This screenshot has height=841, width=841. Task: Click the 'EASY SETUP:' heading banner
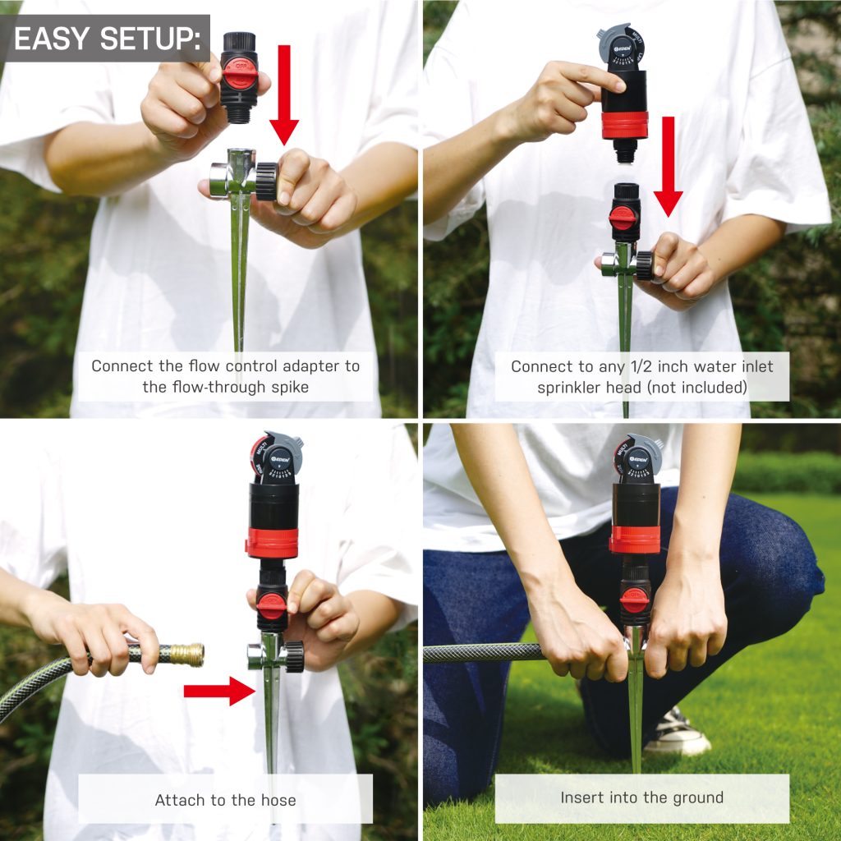tap(105, 39)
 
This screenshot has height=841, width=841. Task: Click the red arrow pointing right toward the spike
tap(219, 691)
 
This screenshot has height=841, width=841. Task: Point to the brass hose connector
tap(186, 655)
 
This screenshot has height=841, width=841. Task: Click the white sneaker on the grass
tap(677, 733)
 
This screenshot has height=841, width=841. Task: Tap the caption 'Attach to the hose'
tap(225, 799)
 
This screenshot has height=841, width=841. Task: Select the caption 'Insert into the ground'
tap(641, 797)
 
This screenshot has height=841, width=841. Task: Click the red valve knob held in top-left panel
tap(241, 75)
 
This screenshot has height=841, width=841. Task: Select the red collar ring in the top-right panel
tap(624, 125)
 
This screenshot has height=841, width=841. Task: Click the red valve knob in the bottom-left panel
tap(272, 604)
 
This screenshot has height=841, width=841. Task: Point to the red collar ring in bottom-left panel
tap(272, 543)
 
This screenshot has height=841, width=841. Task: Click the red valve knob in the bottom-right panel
tap(634, 600)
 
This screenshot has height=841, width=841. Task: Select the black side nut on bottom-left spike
tap(293, 657)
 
